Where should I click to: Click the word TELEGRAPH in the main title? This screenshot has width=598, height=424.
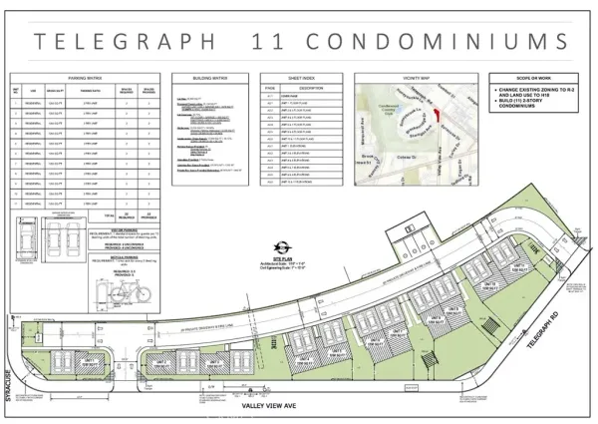click(x=126, y=41)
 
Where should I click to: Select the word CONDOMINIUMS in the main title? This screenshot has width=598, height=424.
click(x=437, y=41)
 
